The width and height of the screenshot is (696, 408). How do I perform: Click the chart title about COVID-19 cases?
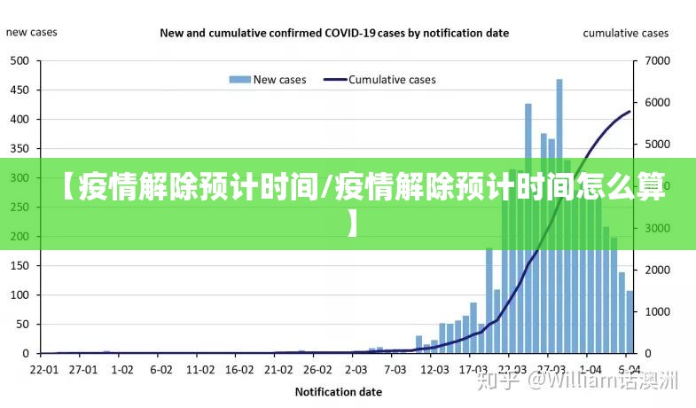pos(334,34)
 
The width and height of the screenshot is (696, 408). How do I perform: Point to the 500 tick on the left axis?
pos(19,61)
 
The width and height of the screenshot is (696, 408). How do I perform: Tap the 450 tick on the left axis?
pos(19,90)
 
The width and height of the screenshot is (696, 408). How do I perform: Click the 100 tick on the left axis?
pos(19,294)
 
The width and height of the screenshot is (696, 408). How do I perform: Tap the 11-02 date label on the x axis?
pos(200,369)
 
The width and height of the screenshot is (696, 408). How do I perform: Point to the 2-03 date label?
pos(356,369)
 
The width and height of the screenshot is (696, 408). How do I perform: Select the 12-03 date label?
pos(434,369)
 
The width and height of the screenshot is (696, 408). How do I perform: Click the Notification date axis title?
pos(338,391)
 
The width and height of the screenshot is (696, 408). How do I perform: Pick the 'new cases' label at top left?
pos(32,33)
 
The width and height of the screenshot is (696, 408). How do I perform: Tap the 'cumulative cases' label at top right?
pos(625,34)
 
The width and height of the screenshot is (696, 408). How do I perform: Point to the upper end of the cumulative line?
pos(630,112)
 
